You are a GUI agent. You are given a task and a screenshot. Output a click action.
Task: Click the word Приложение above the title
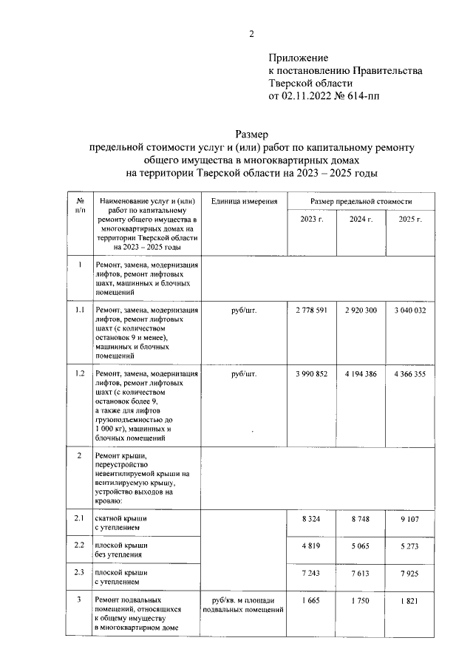298,57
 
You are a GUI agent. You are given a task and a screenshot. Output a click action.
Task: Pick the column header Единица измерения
243,201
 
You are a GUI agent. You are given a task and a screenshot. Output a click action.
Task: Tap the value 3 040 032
409,311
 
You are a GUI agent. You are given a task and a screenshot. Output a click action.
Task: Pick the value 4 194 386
360,375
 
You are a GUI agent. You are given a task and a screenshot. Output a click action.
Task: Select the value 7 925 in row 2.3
409,574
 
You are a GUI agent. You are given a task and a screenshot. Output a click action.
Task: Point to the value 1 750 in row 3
360,602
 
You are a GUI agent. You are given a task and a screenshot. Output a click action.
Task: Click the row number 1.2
79,375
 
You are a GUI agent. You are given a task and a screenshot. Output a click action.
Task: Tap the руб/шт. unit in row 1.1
243,311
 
